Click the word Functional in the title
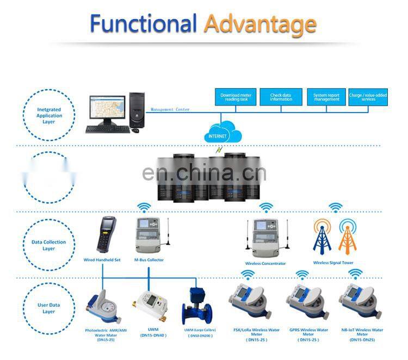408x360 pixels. tap(143, 24)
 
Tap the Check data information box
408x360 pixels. tap(281, 97)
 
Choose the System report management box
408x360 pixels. tap(326, 97)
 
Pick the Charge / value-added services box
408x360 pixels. tap(368, 97)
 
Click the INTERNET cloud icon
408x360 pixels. tap(221, 132)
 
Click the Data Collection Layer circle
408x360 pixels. tap(49, 245)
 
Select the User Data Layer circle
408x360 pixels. tap(49, 308)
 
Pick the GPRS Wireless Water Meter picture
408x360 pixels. tap(305, 302)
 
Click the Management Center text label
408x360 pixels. tap(170, 109)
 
